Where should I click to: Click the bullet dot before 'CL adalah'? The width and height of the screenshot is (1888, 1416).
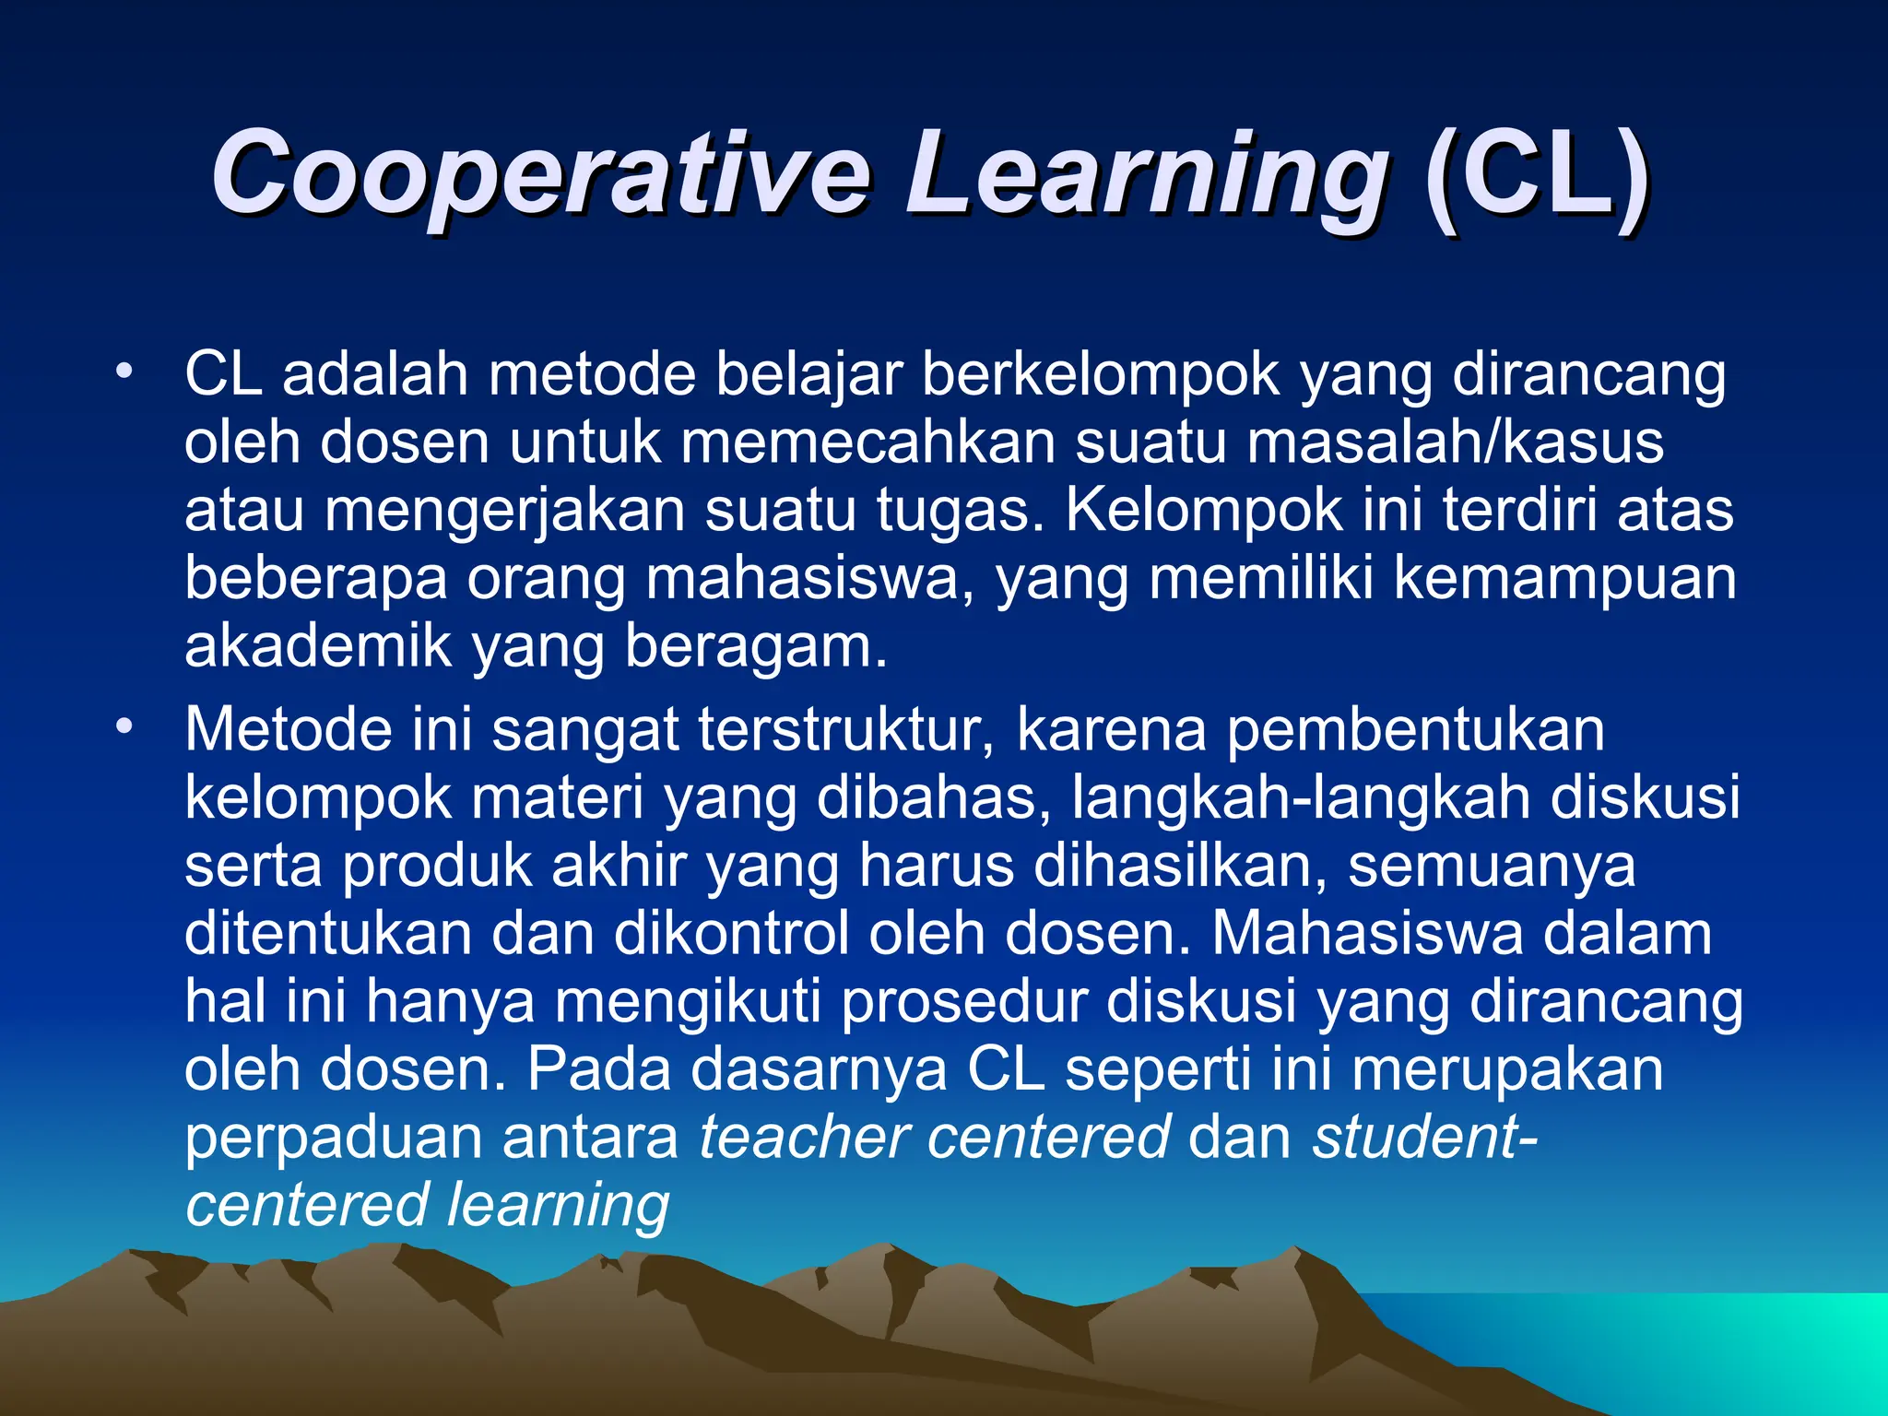pos(124,373)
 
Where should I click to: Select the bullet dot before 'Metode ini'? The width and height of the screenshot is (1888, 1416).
pos(124,727)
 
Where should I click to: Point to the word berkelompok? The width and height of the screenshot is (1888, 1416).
pos(1101,375)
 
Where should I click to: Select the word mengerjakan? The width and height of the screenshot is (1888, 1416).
pos(504,512)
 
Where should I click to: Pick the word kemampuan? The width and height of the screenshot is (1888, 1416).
pos(1564,579)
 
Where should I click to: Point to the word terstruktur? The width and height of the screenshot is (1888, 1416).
pos(845,730)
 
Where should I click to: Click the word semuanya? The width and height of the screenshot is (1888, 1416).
pos(1491,867)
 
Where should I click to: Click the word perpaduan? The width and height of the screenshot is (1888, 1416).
pos(333,1139)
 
